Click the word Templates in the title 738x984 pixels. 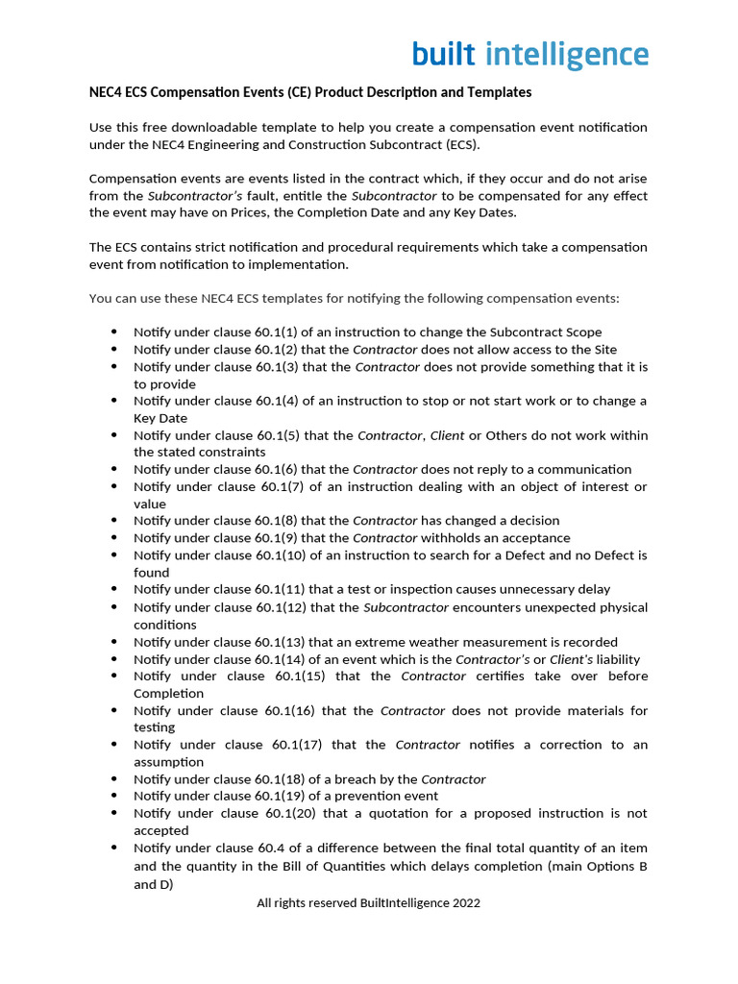tap(500, 92)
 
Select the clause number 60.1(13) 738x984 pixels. tap(281, 642)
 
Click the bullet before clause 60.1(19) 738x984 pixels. tap(114, 796)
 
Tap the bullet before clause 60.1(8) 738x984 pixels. tap(114, 521)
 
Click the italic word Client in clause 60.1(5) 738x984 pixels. tap(447, 435)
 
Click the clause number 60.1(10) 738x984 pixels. tap(281, 555)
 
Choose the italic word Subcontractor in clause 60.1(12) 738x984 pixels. tap(406, 607)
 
